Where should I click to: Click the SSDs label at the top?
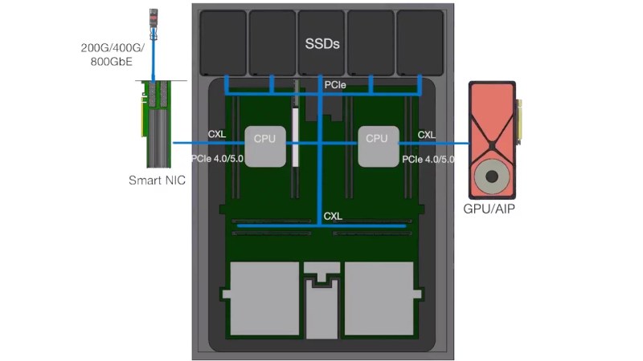point(321,43)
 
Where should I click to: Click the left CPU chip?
point(264,146)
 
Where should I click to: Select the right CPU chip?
point(377,146)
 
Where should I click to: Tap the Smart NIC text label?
point(157,180)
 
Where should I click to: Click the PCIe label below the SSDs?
point(337,83)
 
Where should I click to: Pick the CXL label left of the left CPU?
point(217,134)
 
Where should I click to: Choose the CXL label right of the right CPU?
point(428,134)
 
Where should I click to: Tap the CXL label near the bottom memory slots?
point(333,217)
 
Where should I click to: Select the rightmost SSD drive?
point(420,42)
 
